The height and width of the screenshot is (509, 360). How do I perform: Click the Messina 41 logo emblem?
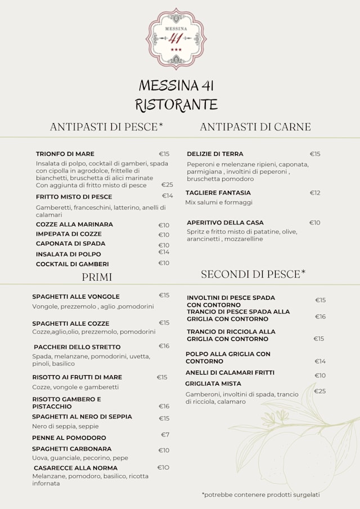pos(176,38)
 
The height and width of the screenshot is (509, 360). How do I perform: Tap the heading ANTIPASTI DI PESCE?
pos(106,127)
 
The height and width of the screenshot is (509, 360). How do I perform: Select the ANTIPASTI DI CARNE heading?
pos(255,127)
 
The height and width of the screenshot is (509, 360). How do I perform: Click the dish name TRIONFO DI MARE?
pos(65,154)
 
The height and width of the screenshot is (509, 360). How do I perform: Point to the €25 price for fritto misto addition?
pos(167,184)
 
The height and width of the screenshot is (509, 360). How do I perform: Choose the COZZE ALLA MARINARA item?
pos(74,224)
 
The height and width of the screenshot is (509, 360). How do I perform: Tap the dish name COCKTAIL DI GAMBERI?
pos(73,264)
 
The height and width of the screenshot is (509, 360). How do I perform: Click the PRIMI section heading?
pos(97,277)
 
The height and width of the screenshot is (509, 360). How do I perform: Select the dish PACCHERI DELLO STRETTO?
pos(77,347)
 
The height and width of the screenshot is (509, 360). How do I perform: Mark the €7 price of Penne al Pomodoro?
pos(165,435)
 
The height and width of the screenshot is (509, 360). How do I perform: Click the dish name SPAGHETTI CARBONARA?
pos(72,449)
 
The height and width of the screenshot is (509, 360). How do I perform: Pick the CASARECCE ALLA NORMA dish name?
pos(75,468)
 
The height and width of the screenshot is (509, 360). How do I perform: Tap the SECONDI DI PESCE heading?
pos(253,274)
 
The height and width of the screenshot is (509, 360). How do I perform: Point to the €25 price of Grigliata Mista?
pos(319,391)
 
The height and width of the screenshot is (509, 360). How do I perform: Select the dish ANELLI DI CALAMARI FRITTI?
pos(230,373)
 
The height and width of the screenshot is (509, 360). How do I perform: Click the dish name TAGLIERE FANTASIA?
pos(219,193)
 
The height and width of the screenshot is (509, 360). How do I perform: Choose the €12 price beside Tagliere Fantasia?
pos(315,193)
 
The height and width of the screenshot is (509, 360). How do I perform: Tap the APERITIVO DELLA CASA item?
pos(225,223)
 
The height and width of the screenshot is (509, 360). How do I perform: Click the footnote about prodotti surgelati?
pos(260,495)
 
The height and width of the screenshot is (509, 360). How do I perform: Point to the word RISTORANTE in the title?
pos(176,105)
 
